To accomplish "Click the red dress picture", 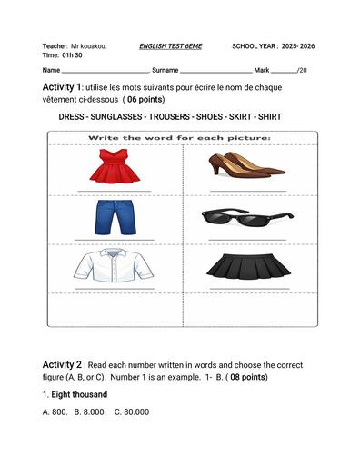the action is (114, 167).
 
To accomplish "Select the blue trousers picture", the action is (114, 217).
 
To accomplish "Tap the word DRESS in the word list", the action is (72, 117).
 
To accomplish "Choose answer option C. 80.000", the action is (132, 412).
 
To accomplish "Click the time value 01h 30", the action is (72, 55).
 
